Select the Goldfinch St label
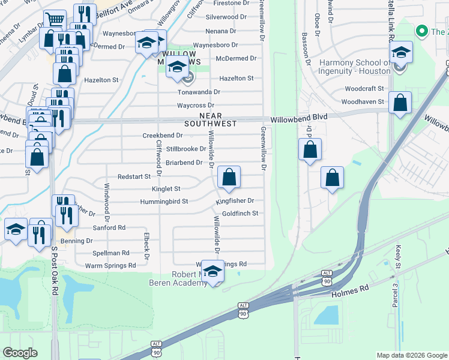pos(240,213)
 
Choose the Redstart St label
pos(134,176)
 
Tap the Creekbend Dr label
pos(162,136)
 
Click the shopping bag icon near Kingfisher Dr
pos(229,178)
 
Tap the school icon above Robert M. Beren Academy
pos(212,271)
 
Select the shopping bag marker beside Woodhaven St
pos(400,103)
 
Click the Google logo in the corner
pos(20,353)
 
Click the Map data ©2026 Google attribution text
pos(411,355)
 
